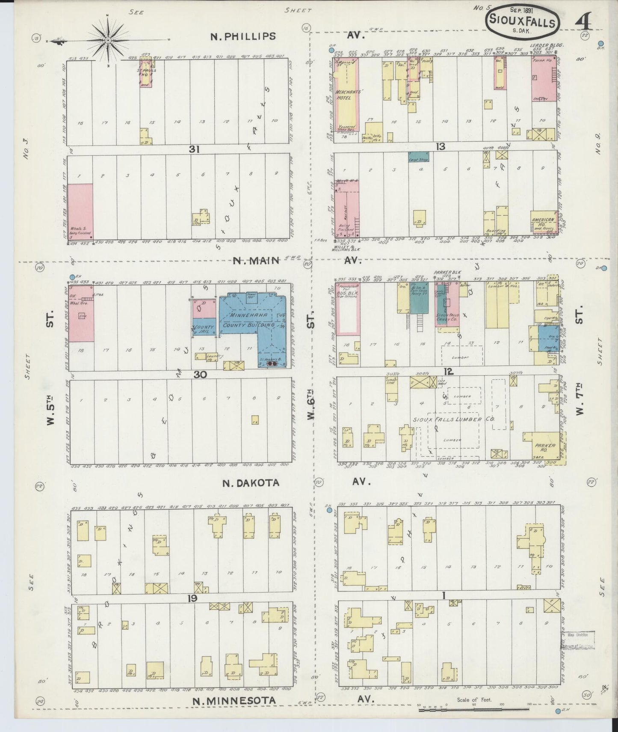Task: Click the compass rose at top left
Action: coord(108,40)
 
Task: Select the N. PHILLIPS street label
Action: coord(243,36)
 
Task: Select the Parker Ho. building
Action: coord(544,448)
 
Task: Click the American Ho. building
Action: coord(543,222)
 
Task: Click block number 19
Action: coord(192,598)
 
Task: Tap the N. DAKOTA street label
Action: coord(251,483)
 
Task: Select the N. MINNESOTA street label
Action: coord(233,701)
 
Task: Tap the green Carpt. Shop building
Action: coord(418,157)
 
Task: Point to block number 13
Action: coord(440,147)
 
